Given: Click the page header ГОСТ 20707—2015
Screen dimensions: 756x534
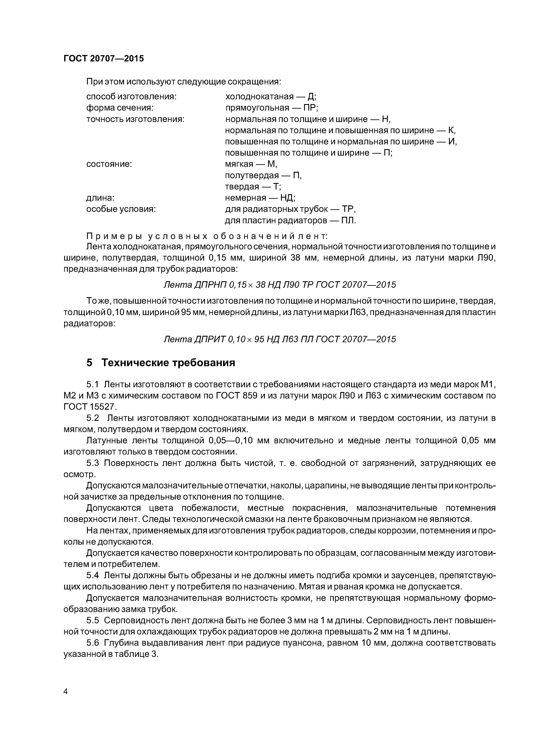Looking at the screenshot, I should point(104,59).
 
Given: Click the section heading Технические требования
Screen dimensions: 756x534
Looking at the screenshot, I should point(168,362).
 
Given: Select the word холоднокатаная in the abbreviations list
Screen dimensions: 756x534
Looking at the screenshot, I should point(259,97).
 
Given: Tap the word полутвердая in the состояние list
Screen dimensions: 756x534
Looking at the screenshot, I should point(252,175).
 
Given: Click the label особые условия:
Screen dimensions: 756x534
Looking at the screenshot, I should point(121,209).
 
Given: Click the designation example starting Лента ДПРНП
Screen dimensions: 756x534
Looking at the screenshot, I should point(280,284).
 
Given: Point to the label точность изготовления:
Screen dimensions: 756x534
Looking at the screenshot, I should point(135,119).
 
